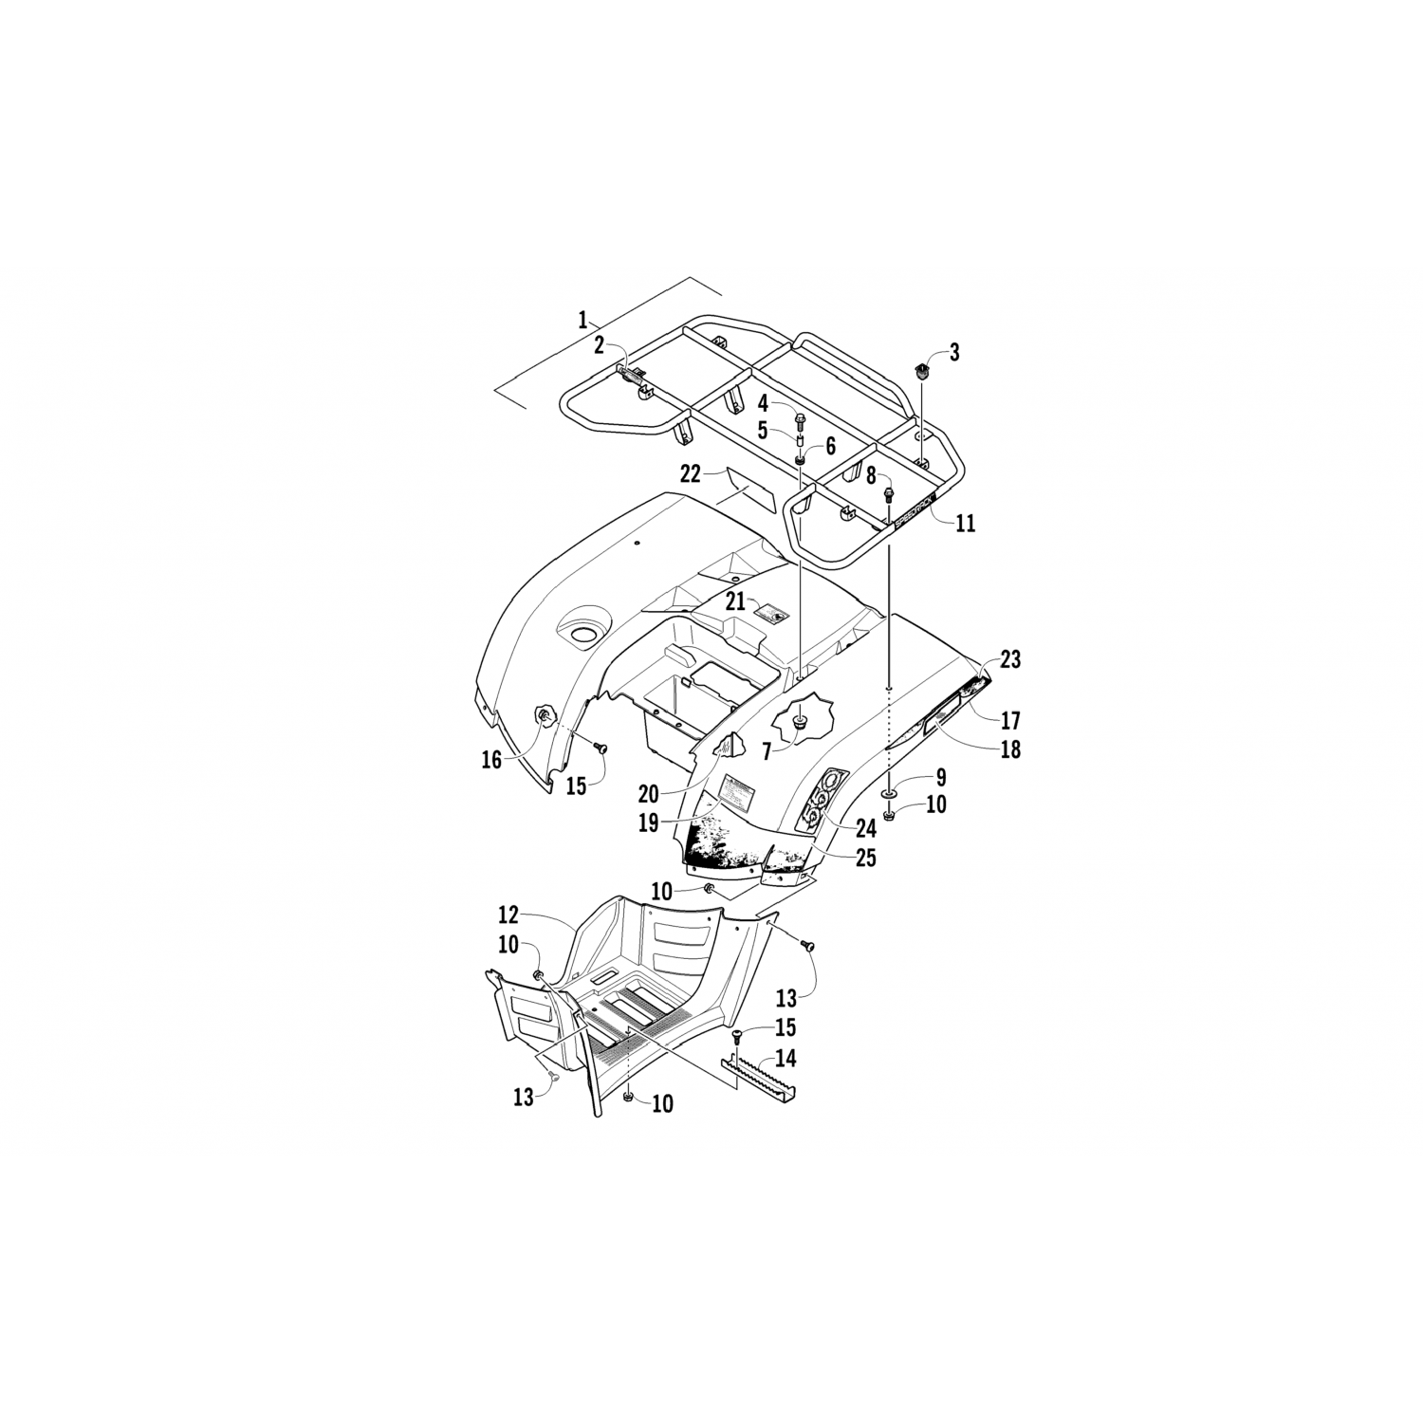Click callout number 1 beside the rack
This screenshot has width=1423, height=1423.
click(x=583, y=319)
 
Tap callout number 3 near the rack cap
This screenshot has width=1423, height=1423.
click(x=954, y=353)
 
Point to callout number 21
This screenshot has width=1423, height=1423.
click(x=736, y=601)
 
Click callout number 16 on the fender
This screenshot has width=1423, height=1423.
click(x=490, y=760)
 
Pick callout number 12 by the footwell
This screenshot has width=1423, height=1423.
click(x=508, y=915)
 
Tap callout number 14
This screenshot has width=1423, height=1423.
click(x=785, y=1059)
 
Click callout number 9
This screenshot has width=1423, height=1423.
click(x=940, y=778)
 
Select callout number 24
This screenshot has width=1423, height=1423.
click(x=865, y=828)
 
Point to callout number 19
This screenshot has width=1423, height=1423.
click(x=648, y=822)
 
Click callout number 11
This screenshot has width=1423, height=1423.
click(x=965, y=523)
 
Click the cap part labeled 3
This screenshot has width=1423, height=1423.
click(x=919, y=368)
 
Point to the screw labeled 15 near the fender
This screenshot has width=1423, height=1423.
click(x=600, y=748)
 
